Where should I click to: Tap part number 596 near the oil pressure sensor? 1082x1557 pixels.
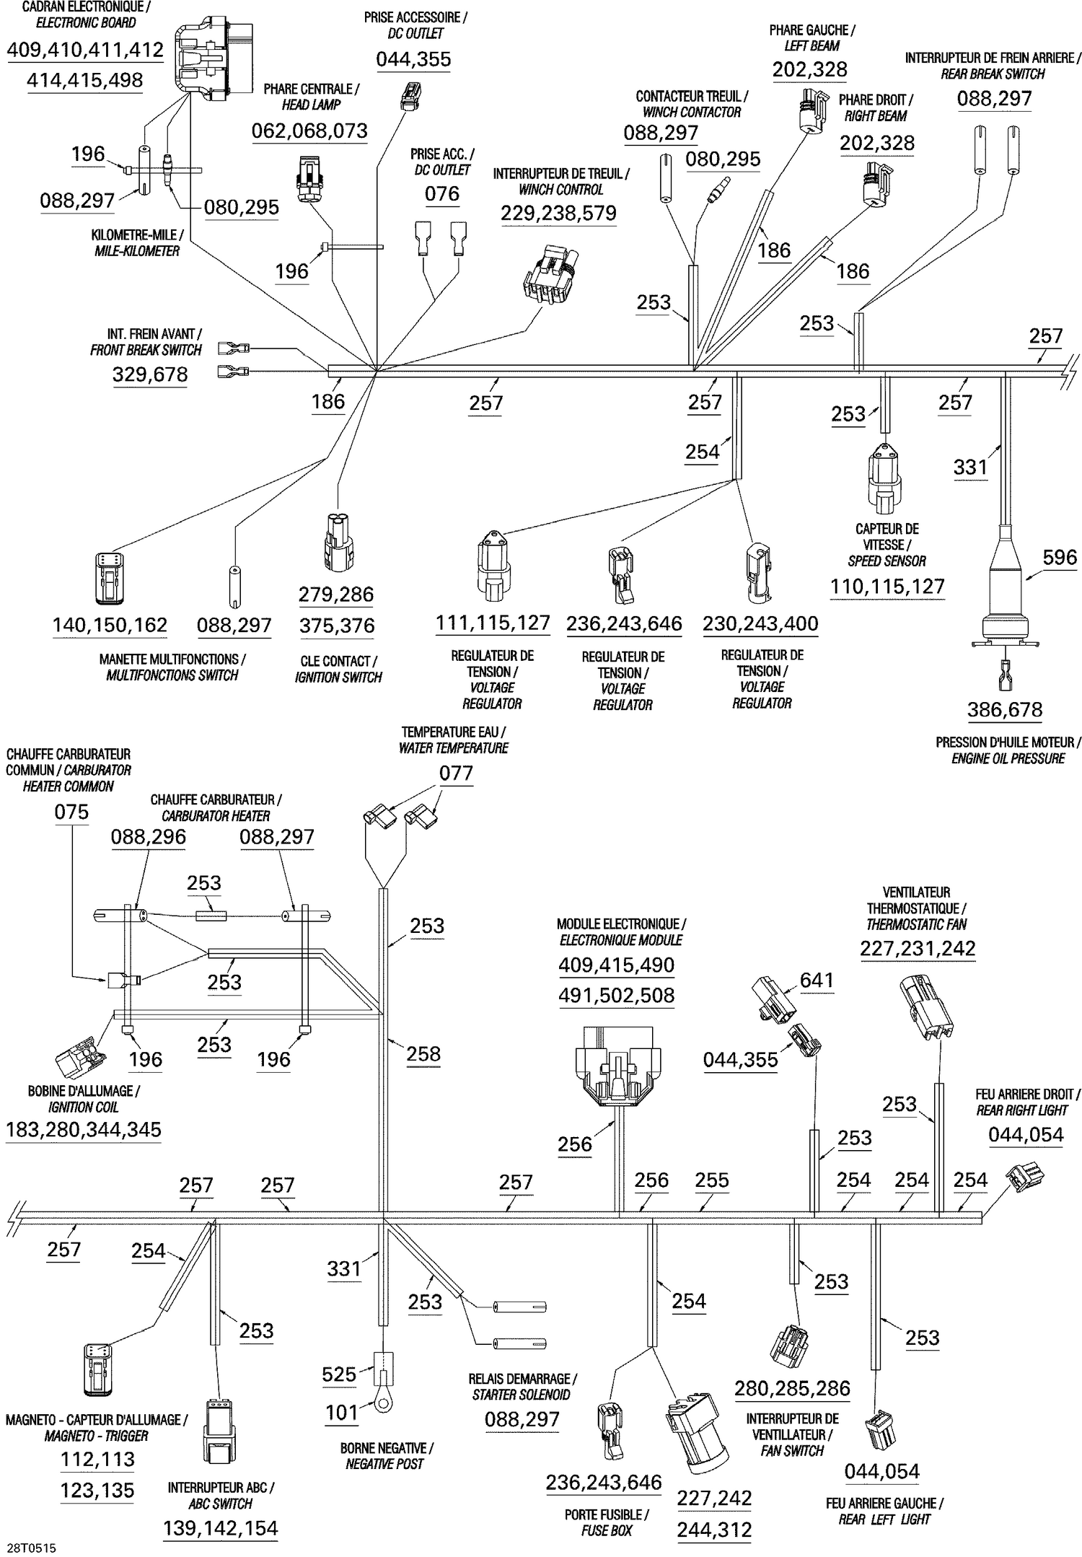(1059, 558)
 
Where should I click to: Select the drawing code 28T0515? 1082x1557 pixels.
(31, 1548)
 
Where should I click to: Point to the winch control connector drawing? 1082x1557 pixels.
(550, 275)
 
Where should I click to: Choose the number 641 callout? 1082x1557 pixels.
(817, 981)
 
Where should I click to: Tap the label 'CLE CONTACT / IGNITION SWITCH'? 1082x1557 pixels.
(338, 669)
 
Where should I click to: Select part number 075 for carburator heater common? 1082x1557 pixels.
(71, 812)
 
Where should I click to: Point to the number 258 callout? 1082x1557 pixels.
(423, 1054)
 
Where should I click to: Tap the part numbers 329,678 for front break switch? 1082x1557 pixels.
(149, 374)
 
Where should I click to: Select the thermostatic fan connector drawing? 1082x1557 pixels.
(926, 1007)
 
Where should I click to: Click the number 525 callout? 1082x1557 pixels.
(339, 1374)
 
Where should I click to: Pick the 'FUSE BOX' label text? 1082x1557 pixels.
(606, 1530)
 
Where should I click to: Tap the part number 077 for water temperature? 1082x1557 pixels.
(456, 773)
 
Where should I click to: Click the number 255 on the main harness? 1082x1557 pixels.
(711, 1180)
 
